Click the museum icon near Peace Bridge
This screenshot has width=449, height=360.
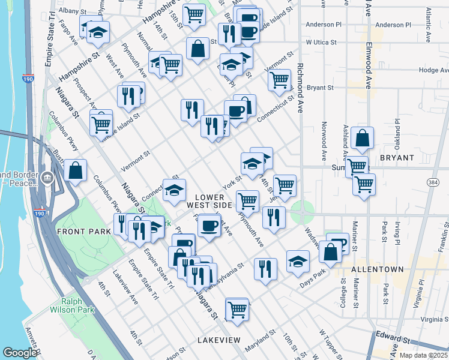pyautogui.click(x=47, y=178)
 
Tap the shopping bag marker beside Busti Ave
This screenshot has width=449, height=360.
pyautogui.click(x=75, y=170)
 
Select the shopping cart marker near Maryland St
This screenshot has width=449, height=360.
pyautogui.click(x=237, y=310)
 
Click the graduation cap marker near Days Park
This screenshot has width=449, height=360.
pyautogui.click(x=298, y=261)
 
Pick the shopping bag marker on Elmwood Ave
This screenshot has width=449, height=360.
pyautogui.click(x=363, y=138)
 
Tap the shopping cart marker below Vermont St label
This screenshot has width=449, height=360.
pyautogui.click(x=280, y=79)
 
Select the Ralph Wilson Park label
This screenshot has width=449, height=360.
pyautogui.click(x=78, y=306)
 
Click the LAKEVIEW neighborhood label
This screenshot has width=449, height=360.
pyautogui.click(x=218, y=340)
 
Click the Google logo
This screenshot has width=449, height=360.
pyautogui.click(x=20, y=353)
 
